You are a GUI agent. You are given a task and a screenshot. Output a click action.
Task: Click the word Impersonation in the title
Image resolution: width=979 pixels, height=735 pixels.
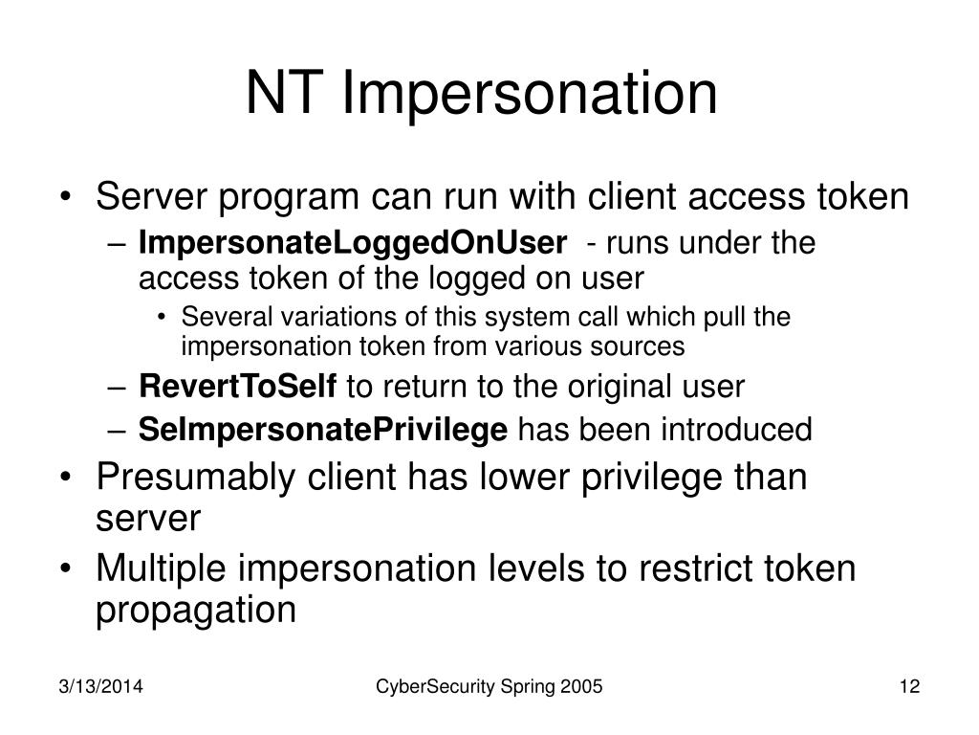530,94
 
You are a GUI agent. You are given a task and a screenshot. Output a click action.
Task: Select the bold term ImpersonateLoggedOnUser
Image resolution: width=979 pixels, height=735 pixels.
353,243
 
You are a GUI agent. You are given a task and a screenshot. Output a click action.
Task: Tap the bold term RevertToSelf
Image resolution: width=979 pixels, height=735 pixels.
238,386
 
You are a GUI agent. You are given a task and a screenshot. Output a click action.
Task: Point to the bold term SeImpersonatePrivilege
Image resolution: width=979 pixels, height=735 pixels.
323,430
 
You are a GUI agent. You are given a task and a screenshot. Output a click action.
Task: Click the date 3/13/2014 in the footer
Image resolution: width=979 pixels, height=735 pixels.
100,686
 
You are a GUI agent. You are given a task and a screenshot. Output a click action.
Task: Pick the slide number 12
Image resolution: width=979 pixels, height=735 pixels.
909,686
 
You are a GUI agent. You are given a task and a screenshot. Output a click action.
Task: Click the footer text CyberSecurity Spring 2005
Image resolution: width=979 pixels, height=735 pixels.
489,687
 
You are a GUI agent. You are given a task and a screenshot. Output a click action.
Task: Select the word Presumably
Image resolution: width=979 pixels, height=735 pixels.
195,478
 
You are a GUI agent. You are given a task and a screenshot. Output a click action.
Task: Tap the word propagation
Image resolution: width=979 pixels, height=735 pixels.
195,610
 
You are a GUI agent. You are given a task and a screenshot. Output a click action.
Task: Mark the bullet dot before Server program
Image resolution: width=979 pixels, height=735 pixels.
65,197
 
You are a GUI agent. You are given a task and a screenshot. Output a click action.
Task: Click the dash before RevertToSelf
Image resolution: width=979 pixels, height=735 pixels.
117,388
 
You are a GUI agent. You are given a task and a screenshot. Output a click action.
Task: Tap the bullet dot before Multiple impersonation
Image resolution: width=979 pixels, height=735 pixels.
65,569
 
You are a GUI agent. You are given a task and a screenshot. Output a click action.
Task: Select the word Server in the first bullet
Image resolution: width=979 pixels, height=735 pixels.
151,196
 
